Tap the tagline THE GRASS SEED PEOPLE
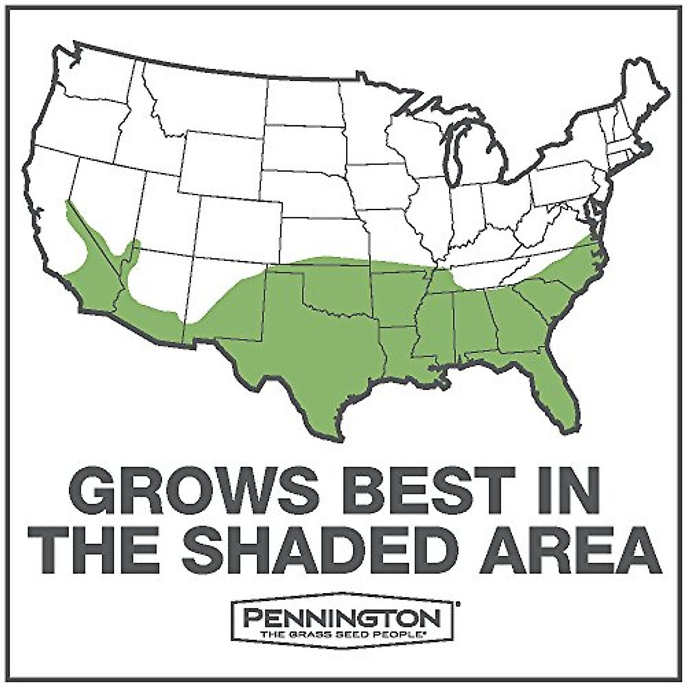(342, 634)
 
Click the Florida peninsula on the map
(557, 389)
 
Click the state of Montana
(200, 97)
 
